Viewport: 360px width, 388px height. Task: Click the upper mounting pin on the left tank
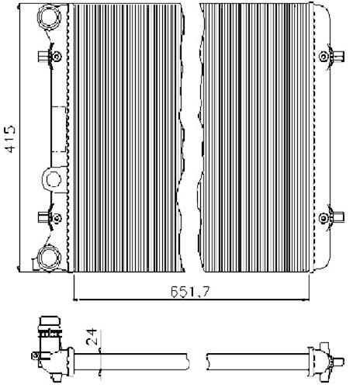pos(55,56)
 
